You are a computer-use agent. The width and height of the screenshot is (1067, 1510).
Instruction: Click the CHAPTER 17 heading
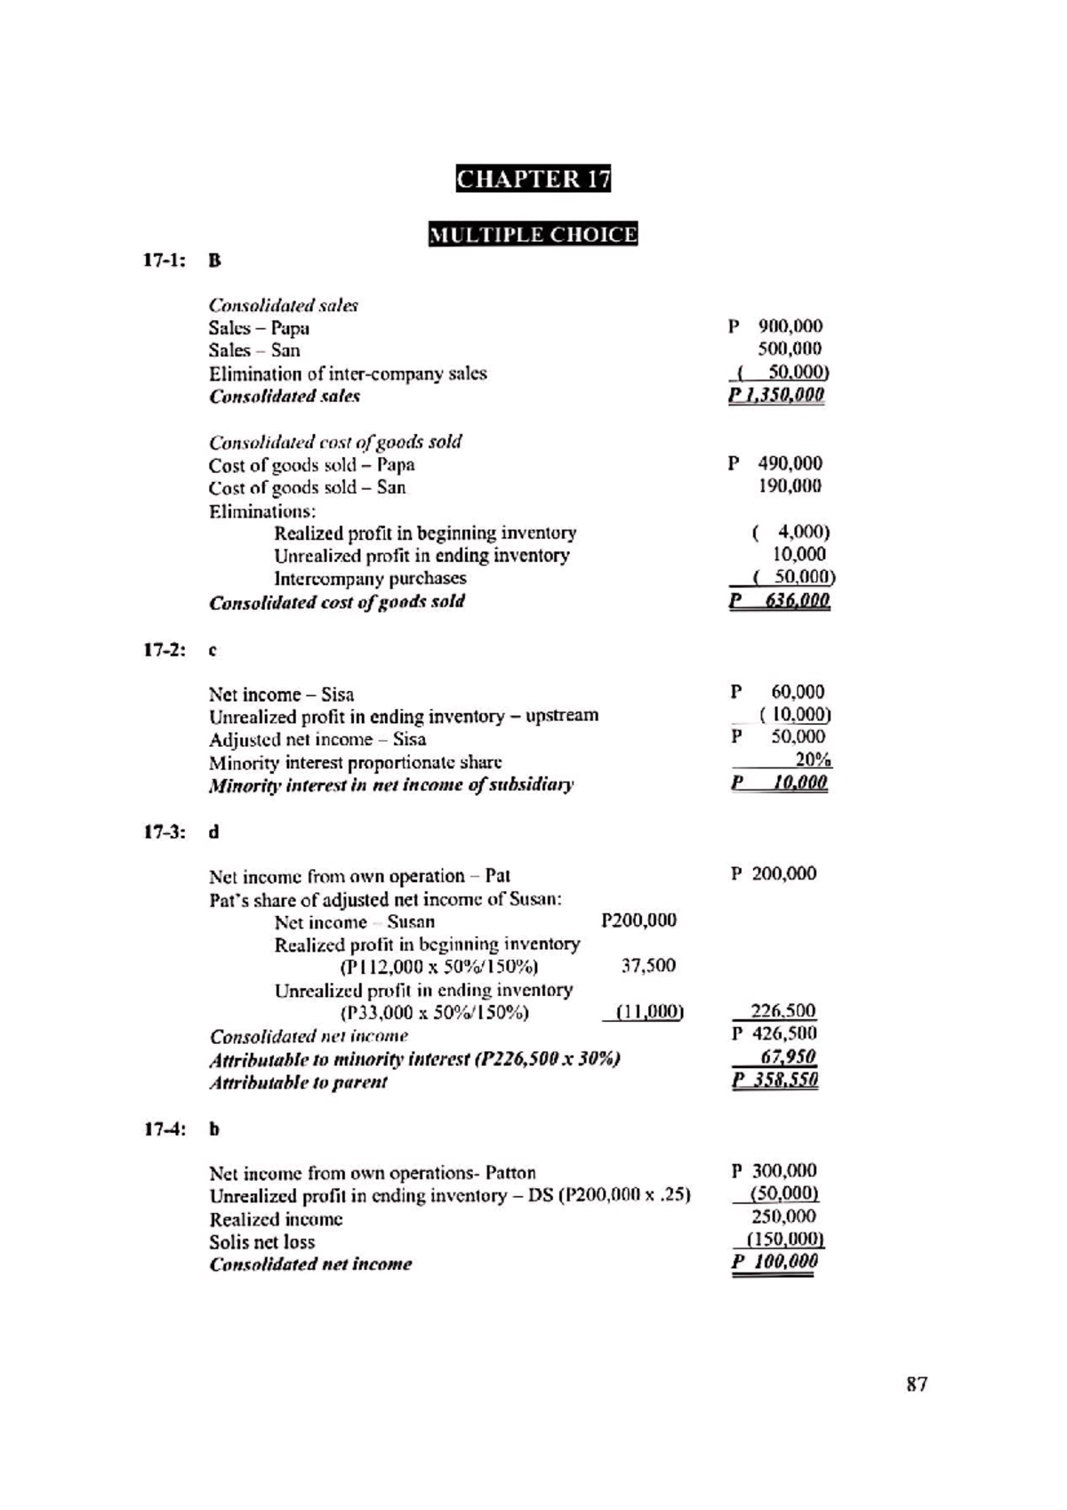coord(533,179)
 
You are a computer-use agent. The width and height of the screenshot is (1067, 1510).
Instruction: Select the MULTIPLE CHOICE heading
coord(533,235)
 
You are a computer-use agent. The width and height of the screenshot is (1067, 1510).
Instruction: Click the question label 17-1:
coord(165,261)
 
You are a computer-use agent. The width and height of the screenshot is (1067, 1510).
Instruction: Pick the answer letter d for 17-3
coord(213,832)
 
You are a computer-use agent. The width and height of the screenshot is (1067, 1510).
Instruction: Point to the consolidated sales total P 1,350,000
coord(776,395)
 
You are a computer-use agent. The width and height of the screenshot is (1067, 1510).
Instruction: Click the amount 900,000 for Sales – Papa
coord(790,326)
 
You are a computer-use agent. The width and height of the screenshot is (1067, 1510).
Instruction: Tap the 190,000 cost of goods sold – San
coord(790,486)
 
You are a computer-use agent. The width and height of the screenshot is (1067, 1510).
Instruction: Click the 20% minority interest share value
coord(813,759)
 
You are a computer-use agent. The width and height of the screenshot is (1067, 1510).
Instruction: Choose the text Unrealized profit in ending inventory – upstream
coord(404,716)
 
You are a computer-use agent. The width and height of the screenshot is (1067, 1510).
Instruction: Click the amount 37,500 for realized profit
coord(648,966)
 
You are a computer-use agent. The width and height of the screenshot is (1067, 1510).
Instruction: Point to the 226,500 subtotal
coord(783,1010)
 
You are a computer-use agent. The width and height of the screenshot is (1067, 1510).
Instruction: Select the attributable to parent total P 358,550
coord(775,1080)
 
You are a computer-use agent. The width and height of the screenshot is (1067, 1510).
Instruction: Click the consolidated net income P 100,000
coord(775,1262)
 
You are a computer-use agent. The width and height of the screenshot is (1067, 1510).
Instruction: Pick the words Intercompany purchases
coord(370,578)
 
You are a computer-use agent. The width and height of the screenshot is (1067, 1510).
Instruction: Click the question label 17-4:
coord(165,1129)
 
